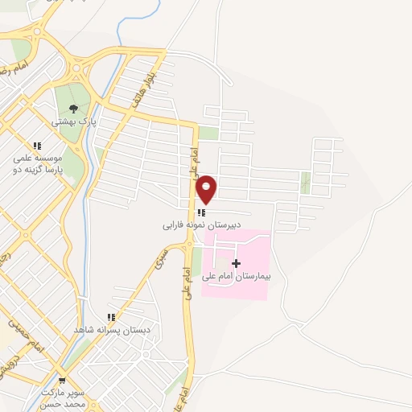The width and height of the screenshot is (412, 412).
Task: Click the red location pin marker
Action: pyautogui.click(x=207, y=189)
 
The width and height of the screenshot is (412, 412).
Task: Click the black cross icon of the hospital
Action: pyautogui.click(x=236, y=263)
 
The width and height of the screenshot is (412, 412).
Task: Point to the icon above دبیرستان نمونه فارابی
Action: pyautogui.click(x=201, y=213)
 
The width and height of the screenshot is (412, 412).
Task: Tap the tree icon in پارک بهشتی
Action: pyautogui.click(x=74, y=109)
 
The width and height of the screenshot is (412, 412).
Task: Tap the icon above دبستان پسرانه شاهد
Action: pyautogui.click(x=111, y=318)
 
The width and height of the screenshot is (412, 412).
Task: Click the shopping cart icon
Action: pyautogui.click(x=62, y=381)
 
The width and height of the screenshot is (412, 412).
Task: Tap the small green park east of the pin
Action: pyautogui.click(x=305, y=183)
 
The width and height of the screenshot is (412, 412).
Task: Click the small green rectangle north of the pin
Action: pyautogui.click(x=208, y=134)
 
